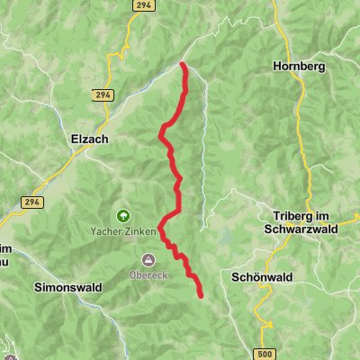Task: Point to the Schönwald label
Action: click(x=259, y=278)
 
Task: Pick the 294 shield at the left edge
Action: click(x=33, y=203)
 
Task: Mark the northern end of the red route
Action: click(x=183, y=65)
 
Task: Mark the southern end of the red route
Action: click(x=199, y=295)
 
